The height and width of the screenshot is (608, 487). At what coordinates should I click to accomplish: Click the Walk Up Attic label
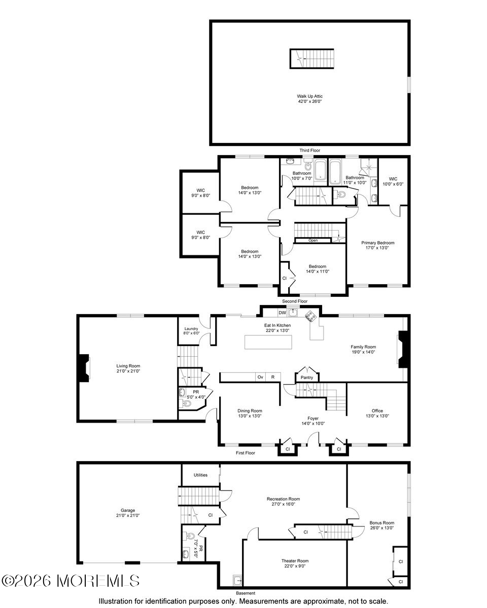(309, 96)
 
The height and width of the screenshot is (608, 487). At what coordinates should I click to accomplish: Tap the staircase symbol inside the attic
(312, 58)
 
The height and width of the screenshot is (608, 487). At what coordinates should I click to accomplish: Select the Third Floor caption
(309, 150)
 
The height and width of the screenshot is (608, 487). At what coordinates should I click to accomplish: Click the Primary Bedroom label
(378, 243)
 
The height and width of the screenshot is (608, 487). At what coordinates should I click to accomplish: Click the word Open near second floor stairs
(313, 240)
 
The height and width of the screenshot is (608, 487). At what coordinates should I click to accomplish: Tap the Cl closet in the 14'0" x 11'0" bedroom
(285, 278)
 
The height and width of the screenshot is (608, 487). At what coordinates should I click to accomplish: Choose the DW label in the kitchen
(282, 313)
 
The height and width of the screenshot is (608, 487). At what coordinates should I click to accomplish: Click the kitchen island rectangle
(269, 342)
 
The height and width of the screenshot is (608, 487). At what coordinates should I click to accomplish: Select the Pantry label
(307, 377)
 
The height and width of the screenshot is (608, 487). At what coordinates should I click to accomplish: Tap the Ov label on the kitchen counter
(260, 377)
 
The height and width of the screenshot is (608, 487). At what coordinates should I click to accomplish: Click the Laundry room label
(191, 329)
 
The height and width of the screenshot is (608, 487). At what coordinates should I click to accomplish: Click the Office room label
(377, 411)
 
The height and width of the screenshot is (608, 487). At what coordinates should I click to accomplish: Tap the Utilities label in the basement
(200, 475)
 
